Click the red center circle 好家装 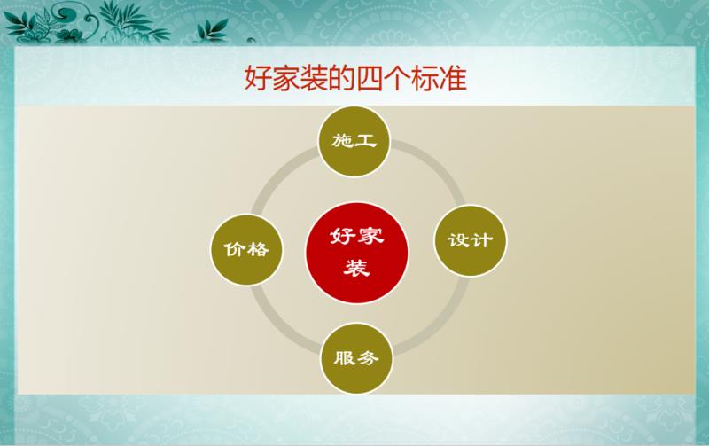click(x=357, y=253)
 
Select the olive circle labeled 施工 click(x=354, y=141)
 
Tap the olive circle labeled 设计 click(x=471, y=240)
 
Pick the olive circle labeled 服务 click(x=356, y=358)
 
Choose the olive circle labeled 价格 click(x=246, y=250)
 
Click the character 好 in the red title click(x=258, y=78)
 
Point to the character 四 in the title click(x=370, y=78)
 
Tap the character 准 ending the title click(x=453, y=78)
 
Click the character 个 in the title click(x=397, y=78)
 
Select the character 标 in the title click(x=425, y=78)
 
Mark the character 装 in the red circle click(x=357, y=268)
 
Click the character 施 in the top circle click(x=342, y=141)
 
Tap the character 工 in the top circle click(x=366, y=141)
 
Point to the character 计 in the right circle click(x=482, y=240)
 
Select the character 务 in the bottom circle click(x=368, y=358)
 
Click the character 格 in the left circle click(x=258, y=249)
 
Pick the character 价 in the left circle click(x=235, y=250)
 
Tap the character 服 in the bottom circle click(x=345, y=358)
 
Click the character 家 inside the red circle click(x=370, y=236)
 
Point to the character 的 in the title click(x=342, y=78)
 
